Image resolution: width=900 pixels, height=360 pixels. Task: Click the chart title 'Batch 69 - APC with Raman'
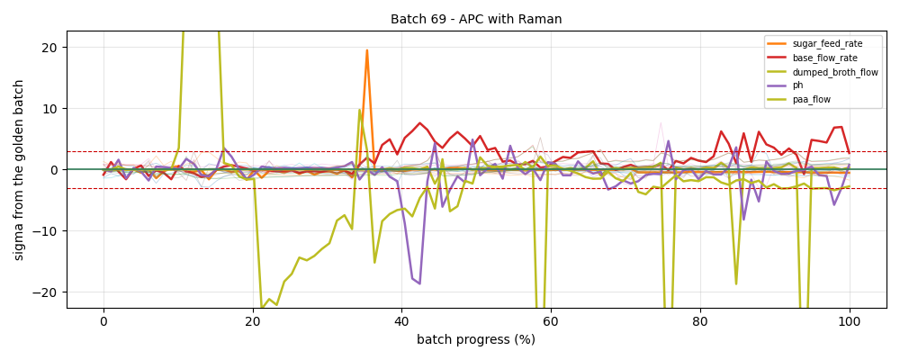(476, 19)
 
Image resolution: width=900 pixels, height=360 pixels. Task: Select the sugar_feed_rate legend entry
(814, 43)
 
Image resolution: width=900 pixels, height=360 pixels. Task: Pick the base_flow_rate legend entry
(814, 58)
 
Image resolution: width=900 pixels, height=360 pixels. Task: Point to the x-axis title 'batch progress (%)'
(476, 340)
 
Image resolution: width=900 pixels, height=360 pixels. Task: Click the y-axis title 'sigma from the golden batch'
(19, 169)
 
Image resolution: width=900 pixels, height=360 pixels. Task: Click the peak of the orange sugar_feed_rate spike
(367, 50)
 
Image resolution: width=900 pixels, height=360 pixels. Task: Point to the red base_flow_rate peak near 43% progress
(420, 123)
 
